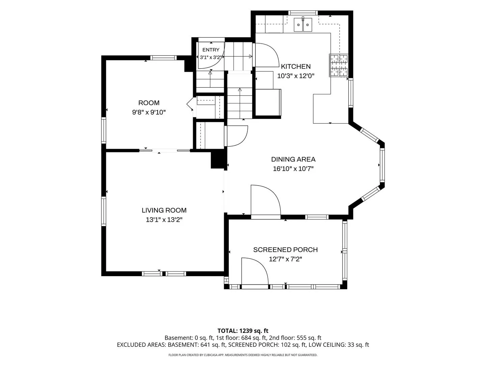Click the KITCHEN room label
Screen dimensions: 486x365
pyautogui.click(x=296, y=66)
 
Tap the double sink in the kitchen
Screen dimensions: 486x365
pyautogui.click(x=303, y=25)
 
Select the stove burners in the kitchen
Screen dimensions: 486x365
pyautogui.click(x=338, y=65)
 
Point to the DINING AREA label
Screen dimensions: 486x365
pyautogui.click(x=293, y=159)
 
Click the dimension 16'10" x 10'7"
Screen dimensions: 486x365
pyautogui.click(x=293, y=169)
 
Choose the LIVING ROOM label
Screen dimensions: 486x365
pyautogui.click(x=164, y=210)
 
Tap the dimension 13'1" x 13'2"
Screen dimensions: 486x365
pyautogui.click(x=164, y=220)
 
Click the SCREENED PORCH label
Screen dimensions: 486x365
pyautogui.click(x=286, y=250)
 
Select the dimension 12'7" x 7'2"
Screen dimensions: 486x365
pyautogui.click(x=286, y=259)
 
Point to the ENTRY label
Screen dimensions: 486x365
pyautogui.click(x=211, y=50)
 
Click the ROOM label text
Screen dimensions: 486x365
pyautogui.click(x=149, y=103)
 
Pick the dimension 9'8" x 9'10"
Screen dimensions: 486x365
pyautogui.click(x=149, y=112)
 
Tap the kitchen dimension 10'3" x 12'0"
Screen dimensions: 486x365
pyautogui.click(x=296, y=76)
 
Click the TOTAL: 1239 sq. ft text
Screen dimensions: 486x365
pyautogui.click(x=243, y=331)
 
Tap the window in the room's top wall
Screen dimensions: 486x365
pyautogui.click(x=164, y=58)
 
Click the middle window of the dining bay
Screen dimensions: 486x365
pyautogui.click(x=382, y=165)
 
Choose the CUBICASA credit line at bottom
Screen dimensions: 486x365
pyautogui.click(x=243, y=355)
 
